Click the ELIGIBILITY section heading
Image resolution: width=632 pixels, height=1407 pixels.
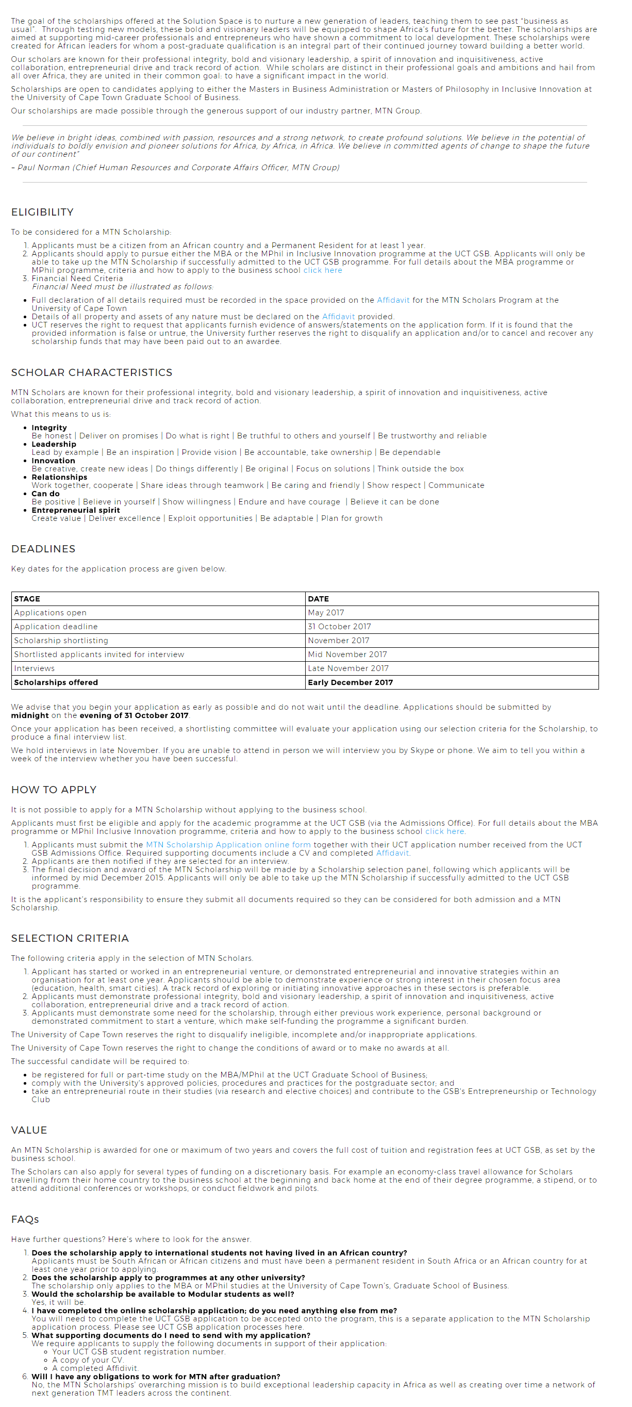(x=42, y=212)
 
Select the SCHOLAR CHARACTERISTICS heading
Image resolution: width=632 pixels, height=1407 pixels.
(x=92, y=372)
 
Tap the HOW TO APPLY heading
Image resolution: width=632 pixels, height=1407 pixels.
(x=54, y=790)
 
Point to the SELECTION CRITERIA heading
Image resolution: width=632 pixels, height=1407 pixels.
(x=70, y=938)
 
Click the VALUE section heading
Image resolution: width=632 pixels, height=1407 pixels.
(x=29, y=1130)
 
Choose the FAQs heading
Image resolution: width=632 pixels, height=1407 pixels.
(x=25, y=1220)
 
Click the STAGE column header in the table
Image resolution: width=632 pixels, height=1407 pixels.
(x=27, y=599)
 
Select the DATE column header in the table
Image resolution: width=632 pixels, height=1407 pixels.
(x=318, y=599)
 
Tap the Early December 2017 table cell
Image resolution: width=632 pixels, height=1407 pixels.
(x=350, y=682)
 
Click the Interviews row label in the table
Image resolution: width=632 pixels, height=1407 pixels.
(x=35, y=668)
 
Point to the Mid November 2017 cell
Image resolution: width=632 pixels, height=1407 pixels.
(x=347, y=655)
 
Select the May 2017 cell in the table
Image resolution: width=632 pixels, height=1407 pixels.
(x=326, y=613)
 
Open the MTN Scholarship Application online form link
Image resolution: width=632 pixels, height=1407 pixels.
(x=228, y=845)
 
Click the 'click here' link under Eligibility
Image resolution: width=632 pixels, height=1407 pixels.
(x=323, y=270)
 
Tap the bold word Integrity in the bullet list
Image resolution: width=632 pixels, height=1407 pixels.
(x=49, y=428)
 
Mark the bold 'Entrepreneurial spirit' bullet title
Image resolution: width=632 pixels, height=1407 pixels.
(x=75, y=510)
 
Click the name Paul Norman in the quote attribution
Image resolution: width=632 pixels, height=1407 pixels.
(x=44, y=168)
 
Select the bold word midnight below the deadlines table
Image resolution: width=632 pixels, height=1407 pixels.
(x=30, y=715)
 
